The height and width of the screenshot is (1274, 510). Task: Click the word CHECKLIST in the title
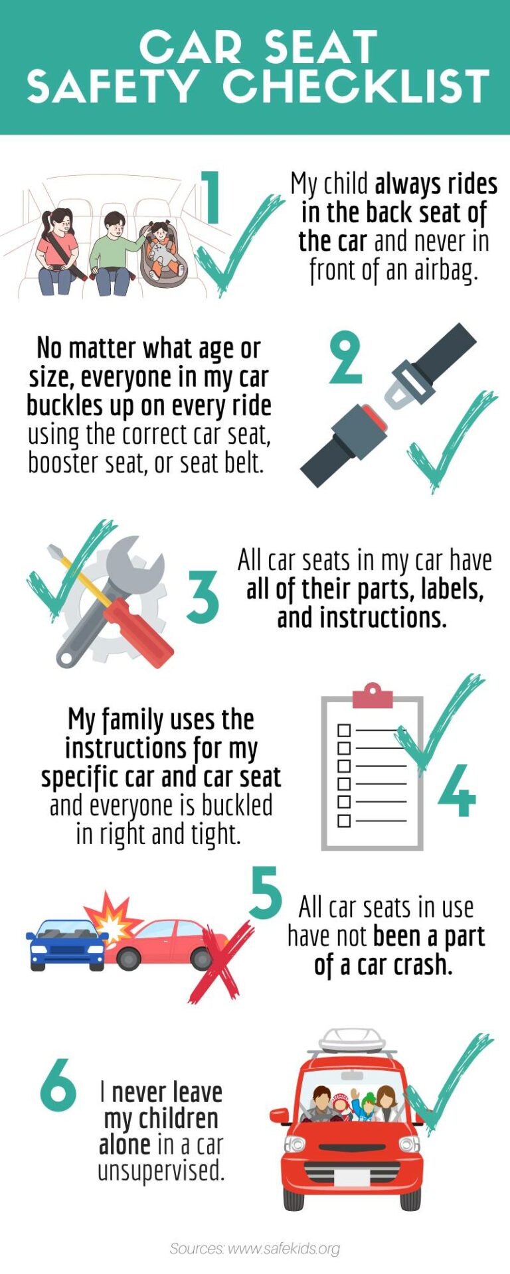357,87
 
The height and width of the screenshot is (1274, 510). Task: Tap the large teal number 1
211,198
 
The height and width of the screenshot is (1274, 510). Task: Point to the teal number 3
203,597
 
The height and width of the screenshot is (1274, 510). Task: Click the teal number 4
457,790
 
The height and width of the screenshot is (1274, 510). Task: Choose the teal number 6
58,1085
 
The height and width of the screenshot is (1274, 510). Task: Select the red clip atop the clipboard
373,696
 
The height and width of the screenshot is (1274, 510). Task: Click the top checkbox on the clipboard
344,731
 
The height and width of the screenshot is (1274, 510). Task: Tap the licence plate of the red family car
351,1178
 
